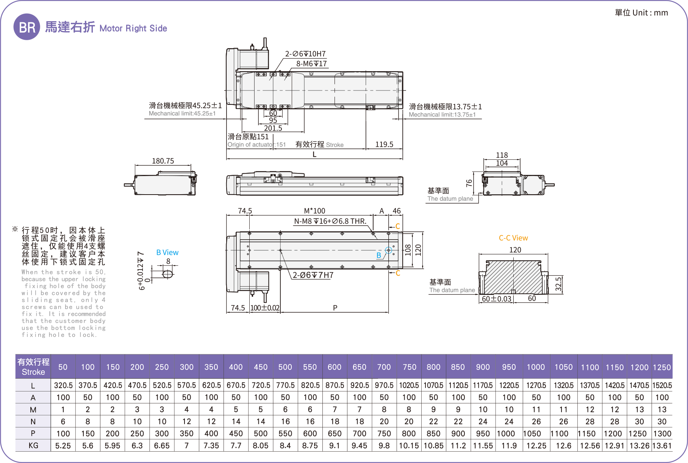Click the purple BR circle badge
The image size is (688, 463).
[x=27, y=27]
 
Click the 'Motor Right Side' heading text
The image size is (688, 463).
[x=133, y=28]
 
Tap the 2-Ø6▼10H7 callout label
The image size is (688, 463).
[x=305, y=54]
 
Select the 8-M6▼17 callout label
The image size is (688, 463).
[x=311, y=64]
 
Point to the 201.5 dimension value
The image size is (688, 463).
[x=273, y=128]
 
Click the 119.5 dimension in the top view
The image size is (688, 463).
[x=384, y=144]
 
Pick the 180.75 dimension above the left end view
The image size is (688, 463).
[x=163, y=161]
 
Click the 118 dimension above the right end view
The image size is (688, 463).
[x=502, y=155]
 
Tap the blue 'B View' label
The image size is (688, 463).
[x=167, y=253]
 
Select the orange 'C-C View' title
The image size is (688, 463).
[x=513, y=238]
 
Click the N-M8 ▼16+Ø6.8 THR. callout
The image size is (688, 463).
[x=330, y=221]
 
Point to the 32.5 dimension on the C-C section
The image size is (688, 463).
[x=558, y=284]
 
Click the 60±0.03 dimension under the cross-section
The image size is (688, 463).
[x=496, y=299]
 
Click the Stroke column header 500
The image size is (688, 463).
[x=285, y=367]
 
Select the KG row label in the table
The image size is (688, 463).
[x=33, y=446]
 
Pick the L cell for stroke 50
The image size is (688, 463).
[x=63, y=385]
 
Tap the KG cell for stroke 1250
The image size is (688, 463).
[x=662, y=446]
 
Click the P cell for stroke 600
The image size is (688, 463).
[x=335, y=433]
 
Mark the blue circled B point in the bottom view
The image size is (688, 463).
[x=388, y=250]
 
